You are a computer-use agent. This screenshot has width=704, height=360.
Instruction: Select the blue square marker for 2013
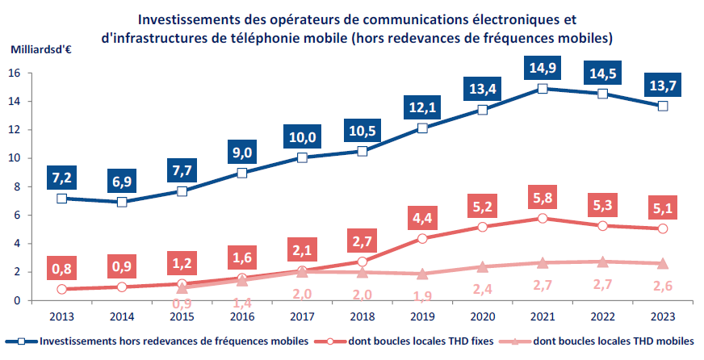tap(61, 198)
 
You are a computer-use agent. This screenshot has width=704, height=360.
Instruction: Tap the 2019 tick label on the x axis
tap(422, 316)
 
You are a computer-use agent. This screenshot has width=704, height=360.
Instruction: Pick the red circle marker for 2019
tap(422, 238)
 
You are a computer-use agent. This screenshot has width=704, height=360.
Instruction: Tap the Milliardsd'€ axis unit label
tap(42, 50)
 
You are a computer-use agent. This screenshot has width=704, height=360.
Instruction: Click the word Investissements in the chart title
tap(184, 18)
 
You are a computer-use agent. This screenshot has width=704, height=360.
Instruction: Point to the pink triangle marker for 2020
tap(482, 267)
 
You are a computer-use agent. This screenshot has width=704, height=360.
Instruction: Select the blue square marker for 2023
tap(663, 106)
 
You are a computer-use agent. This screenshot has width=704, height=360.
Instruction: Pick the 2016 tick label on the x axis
tap(241, 316)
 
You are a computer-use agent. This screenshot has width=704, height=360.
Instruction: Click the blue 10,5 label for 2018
tap(362, 130)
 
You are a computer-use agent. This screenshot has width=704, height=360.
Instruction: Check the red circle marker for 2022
tap(602, 225)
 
